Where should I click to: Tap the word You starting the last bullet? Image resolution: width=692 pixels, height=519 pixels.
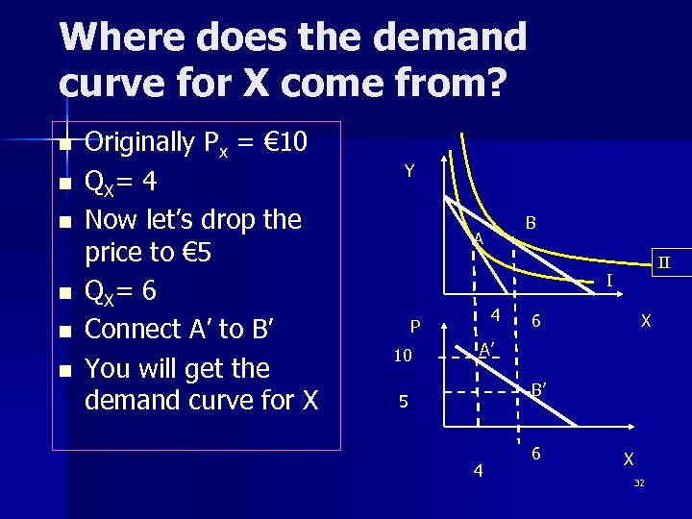108,368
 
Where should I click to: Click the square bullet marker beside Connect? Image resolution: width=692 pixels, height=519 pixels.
64,331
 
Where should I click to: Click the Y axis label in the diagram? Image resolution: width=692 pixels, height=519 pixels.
409,171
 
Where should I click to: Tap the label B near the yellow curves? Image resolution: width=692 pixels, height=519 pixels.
531,223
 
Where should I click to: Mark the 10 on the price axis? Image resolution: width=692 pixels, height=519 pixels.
404,357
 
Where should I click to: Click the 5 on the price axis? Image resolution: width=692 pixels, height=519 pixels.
404,402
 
